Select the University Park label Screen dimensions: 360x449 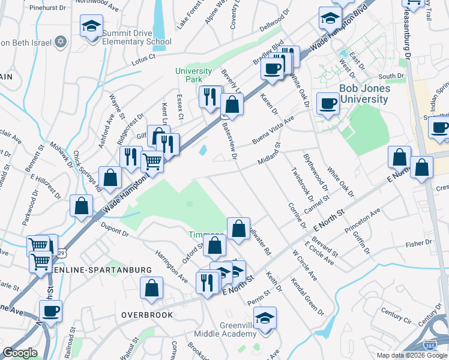pyautogui.click(x=193, y=75)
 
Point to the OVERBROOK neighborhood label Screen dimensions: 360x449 pyautogui.click(x=147, y=315)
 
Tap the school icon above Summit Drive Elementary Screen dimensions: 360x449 pyautogui.click(x=91, y=26)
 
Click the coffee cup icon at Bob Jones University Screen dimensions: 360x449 pyautogui.click(x=328, y=103)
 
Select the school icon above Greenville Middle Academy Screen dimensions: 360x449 pyautogui.click(x=265, y=318)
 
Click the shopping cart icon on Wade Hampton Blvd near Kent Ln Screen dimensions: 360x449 pyautogui.click(x=152, y=160)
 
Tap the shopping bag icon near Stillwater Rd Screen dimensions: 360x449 pyautogui.click(x=238, y=228)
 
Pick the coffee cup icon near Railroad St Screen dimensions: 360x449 pyautogui.click(x=50, y=311)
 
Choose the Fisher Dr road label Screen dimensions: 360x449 pyautogui.click(x=414, y=244)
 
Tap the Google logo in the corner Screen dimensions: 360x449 pyautogui.click(x=20, y=353)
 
